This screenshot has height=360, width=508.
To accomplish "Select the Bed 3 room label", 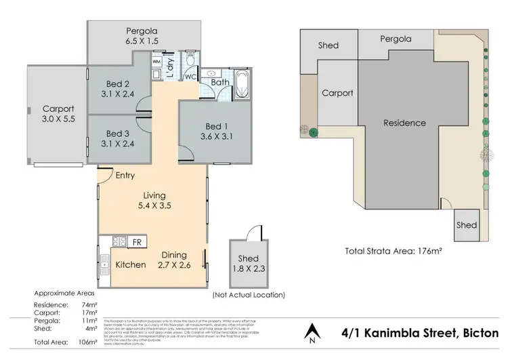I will tap(117, 134).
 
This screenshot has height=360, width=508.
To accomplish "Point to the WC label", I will tap(190, 77).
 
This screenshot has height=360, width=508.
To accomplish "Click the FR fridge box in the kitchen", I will tap(136, 242).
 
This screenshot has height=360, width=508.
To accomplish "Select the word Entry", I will tap(125, 175).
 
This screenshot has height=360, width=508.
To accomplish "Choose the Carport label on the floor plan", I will tap(58, 108).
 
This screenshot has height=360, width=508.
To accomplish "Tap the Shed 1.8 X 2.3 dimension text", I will tap(247, 269).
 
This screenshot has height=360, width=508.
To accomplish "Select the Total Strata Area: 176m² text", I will tap(393, 250).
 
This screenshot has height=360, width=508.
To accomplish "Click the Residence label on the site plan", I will tap(404, 123).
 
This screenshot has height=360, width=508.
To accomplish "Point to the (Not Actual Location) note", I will tap(248, 295).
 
